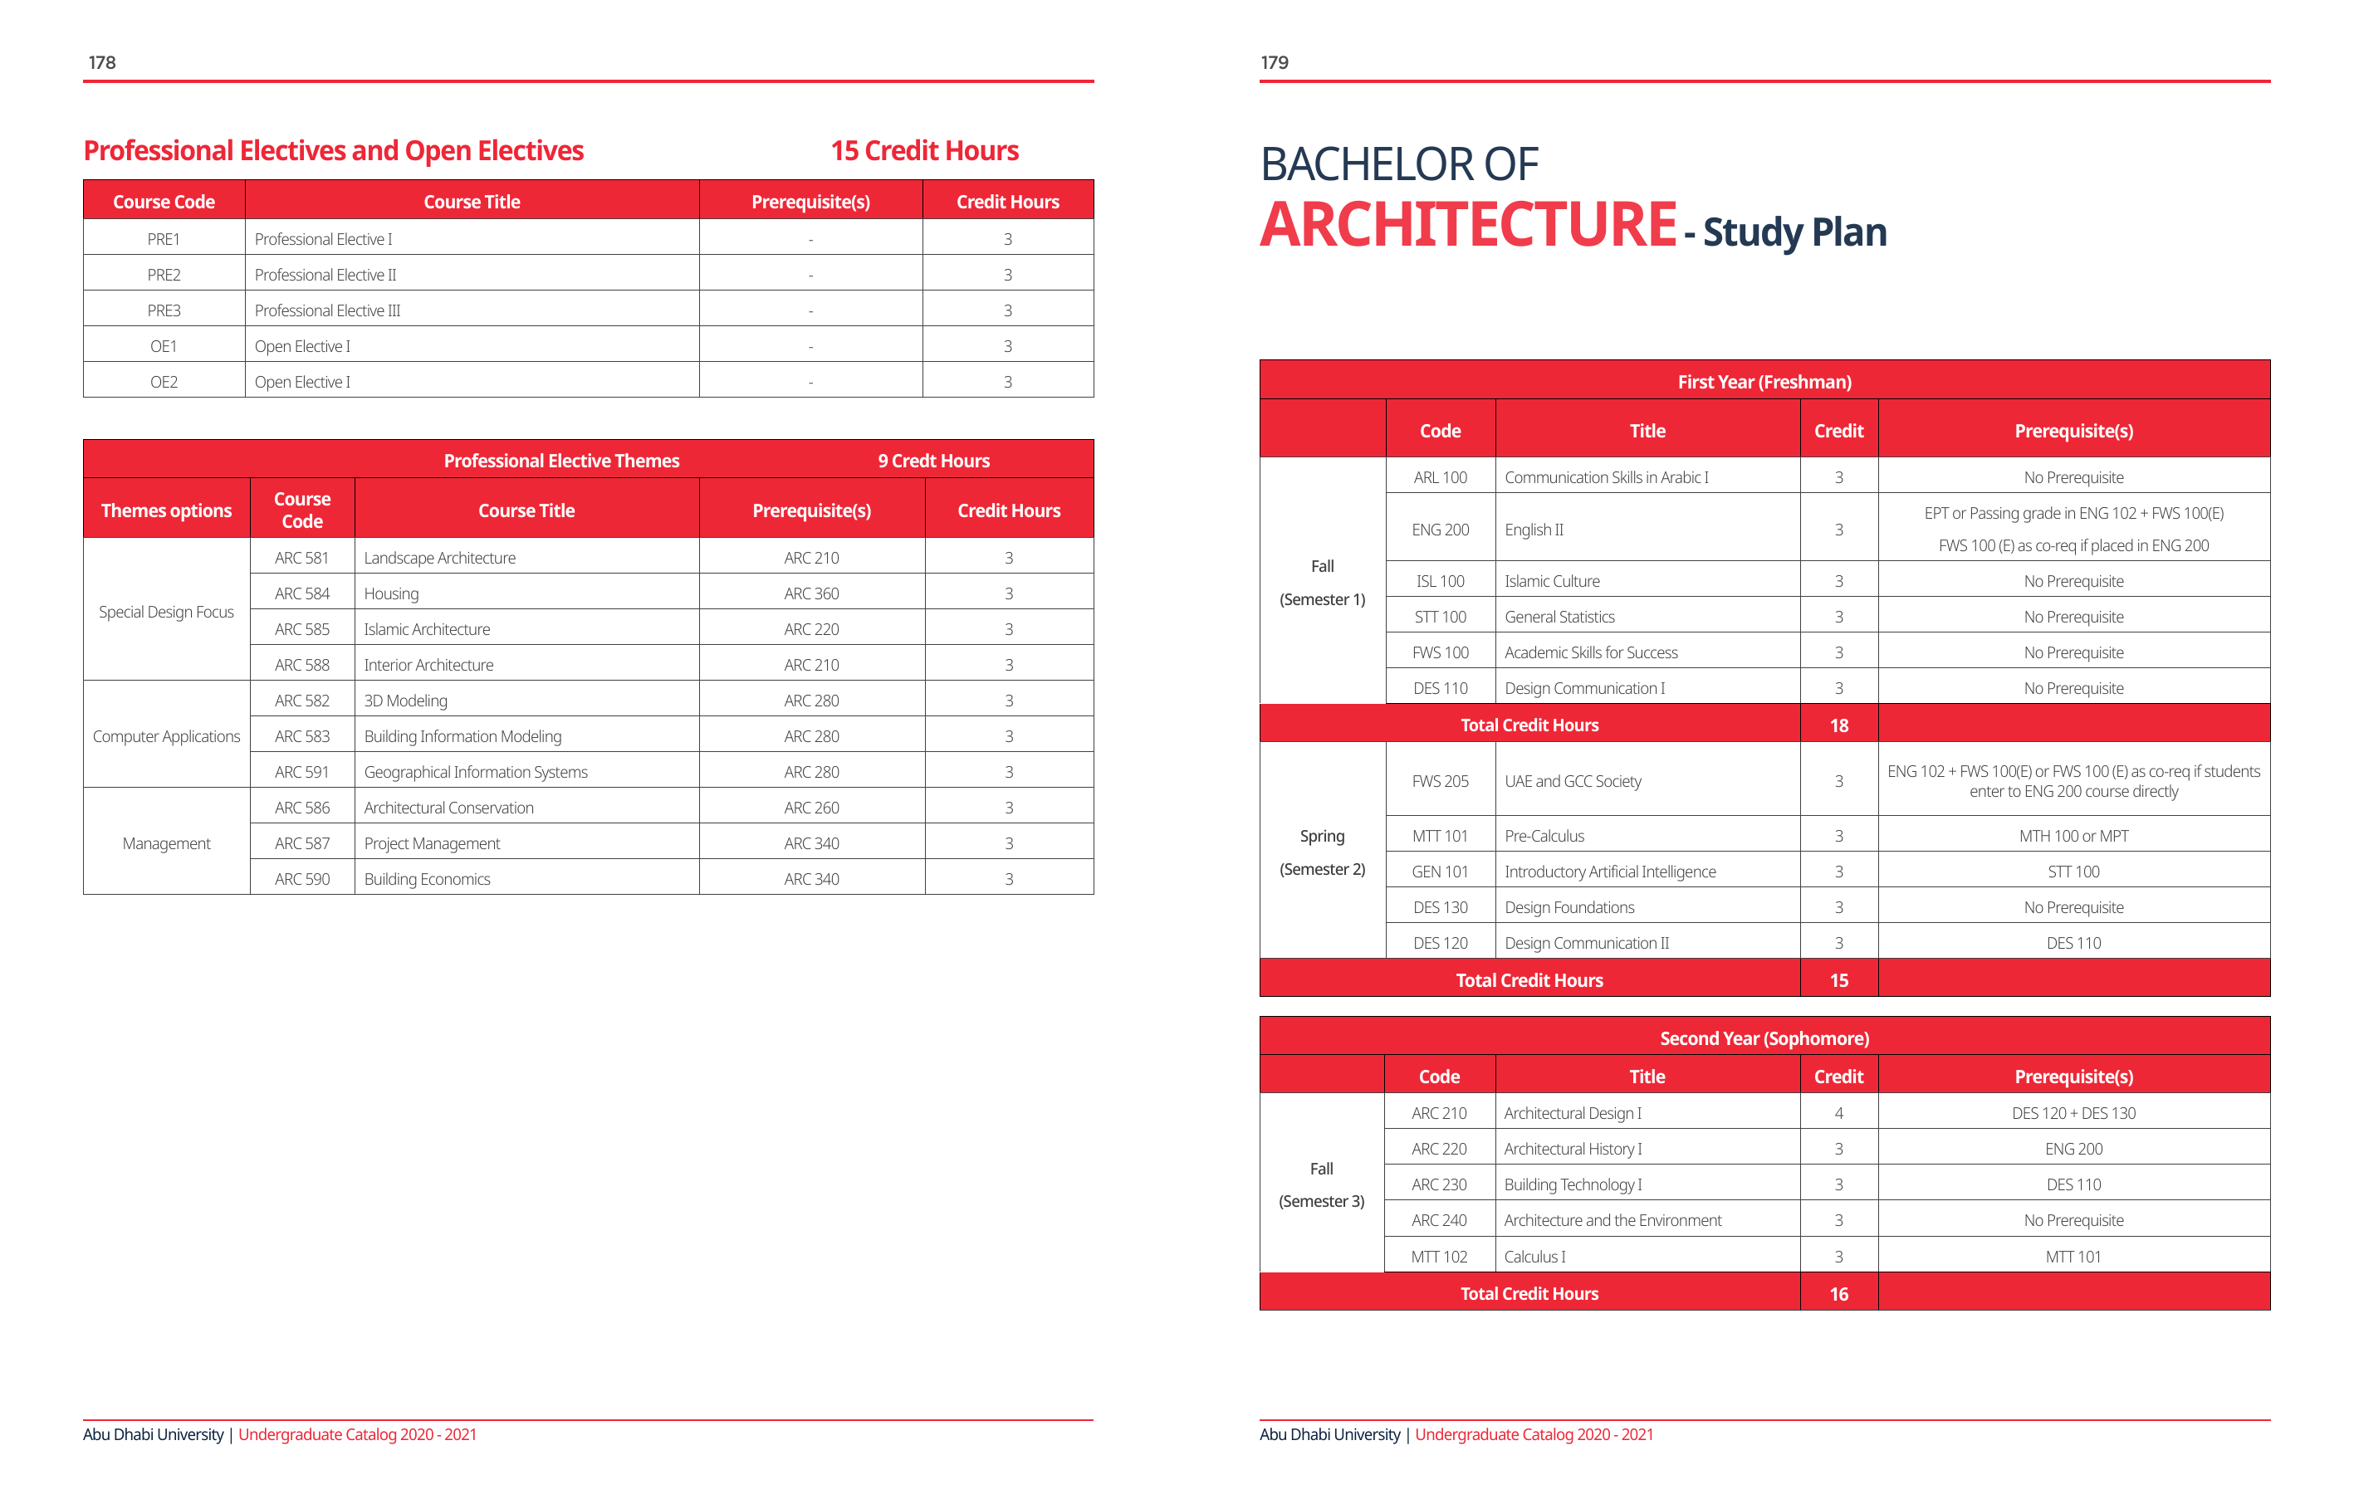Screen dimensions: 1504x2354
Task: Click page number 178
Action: (x=101, y=62)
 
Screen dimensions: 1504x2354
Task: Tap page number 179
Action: (x=1274, y=62)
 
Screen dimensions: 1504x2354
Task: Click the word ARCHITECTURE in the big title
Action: (x=1467, y=225)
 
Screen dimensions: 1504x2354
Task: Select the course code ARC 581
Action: (x=302, y=558)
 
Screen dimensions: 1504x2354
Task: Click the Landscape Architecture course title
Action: (x=440, y=558)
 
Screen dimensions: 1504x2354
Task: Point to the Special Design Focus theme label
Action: (x=166, y=612)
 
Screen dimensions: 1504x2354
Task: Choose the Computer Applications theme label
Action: (x=166, y=736)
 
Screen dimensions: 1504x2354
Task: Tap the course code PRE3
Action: (x=164, y=310)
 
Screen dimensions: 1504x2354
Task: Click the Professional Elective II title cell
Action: (x=325, y=275)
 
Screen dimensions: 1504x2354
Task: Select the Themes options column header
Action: (x=166, y=510)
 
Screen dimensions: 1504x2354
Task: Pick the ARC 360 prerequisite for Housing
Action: (x=811, y=593)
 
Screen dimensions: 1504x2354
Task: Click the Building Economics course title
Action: (x=427, y=878)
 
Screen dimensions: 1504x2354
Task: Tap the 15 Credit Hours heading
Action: (x=924, y=150)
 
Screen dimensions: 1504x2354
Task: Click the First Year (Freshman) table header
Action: (x=1764, y=381)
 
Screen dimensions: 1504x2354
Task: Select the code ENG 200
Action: (x=1440, y=530)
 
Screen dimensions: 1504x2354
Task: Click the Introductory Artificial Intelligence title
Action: (x=1610, y=872)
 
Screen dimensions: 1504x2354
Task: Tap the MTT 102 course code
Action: (x=1439, y=1257)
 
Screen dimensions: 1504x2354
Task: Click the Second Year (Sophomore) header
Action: (x=1764, y=1038)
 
